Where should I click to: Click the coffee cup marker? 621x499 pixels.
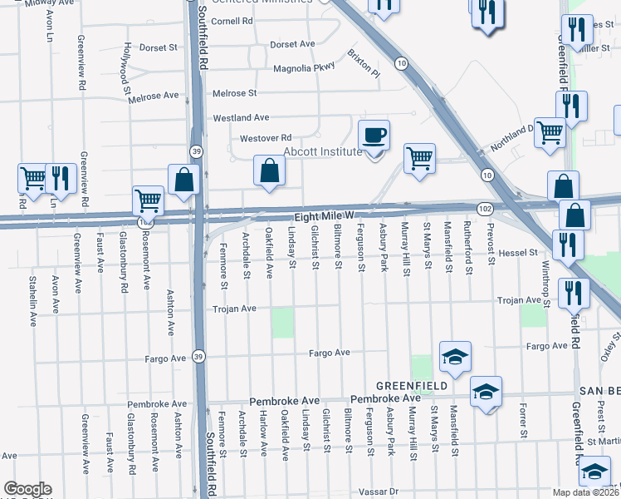374,135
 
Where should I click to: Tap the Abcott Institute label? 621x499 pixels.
323,151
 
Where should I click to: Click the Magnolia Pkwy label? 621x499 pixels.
304,67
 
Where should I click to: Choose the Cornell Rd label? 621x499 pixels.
232,20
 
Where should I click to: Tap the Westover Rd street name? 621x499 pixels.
266,137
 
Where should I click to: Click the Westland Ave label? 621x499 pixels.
241,118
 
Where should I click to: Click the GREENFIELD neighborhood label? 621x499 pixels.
412,386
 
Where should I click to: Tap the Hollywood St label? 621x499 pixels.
126,64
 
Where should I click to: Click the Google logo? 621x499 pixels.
27,489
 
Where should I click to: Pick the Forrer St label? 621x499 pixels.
523,422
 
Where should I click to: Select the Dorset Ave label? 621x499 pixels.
292,43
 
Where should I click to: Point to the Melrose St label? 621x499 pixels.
235,93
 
